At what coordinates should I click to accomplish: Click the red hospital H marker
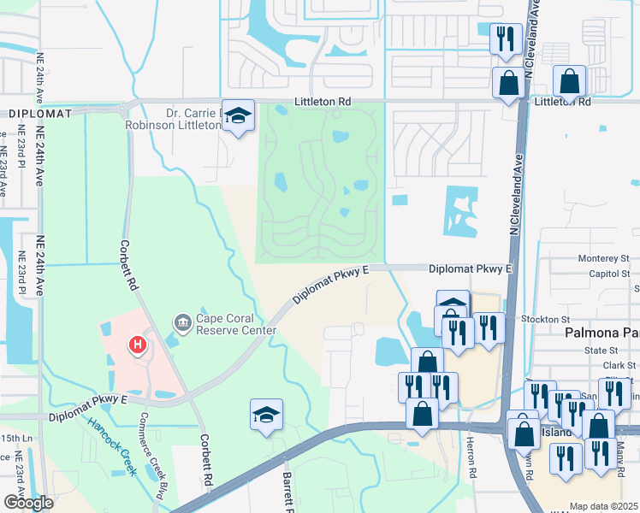(x=136, y=346)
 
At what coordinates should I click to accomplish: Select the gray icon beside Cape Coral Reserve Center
(x=182, y=322)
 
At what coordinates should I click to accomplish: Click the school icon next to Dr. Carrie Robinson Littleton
(x=238, y=115)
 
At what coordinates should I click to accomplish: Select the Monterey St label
(x=602, y=258)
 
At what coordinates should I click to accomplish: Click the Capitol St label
(x=608, y=274)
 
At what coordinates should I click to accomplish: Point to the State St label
(x=601, y=351)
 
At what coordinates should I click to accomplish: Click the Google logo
(x=28, y=503)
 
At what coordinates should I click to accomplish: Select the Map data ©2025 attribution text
(x=603, y=506)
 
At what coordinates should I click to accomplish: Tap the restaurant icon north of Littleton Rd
(x=505, y=38)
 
